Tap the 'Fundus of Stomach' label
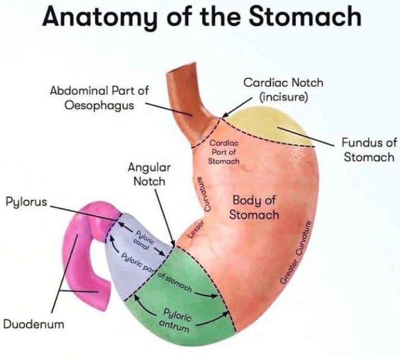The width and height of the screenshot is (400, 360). [368, 150]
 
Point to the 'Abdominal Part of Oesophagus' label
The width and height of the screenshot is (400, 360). [100, 97]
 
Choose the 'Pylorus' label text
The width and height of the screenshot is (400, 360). [27, 201]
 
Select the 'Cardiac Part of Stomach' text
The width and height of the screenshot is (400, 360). [224, 153]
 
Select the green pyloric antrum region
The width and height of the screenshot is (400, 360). [168, 296]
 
